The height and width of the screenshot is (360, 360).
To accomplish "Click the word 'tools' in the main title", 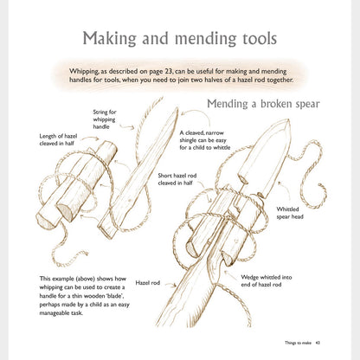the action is click(256, 38).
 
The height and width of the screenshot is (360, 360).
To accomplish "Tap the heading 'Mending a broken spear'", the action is click(263, 104).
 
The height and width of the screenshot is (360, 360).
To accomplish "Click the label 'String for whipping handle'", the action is click(105, 119).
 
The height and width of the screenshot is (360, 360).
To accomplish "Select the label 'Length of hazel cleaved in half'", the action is click(58, 139).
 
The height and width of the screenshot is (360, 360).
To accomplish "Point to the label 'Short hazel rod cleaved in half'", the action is click(177, 179).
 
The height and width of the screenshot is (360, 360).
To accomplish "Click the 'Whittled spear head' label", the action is click(290, 213).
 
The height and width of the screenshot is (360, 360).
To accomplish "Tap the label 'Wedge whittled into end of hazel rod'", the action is click(267, 280).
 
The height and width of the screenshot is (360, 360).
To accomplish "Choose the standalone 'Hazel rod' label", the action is click(148, 283).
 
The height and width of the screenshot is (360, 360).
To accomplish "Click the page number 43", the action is click(318, 343).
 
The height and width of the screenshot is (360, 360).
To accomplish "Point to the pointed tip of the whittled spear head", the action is click(286, 120).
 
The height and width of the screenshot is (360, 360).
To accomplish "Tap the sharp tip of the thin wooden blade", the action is click(177, 108).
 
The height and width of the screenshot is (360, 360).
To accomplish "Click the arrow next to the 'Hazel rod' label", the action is click(170, 285).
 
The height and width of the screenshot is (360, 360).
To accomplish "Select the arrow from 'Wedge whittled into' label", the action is click(232, 275).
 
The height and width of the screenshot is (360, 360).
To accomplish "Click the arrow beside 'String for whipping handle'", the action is click(127, 126).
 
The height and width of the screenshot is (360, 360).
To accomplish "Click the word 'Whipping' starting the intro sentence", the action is click(82, 71).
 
